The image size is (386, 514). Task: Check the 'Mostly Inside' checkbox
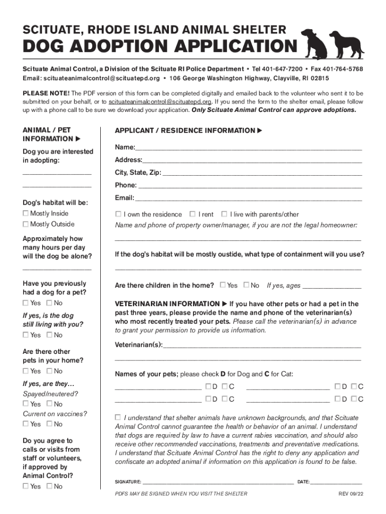(x=26, y=213)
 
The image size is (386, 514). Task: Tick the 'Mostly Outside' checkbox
(x=26, y=224)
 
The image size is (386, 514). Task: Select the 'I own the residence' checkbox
(x=118, y=214)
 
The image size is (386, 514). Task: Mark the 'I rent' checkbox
(x=193, y=214)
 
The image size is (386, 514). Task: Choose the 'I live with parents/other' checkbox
(x=224, y=214)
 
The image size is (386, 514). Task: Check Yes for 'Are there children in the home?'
(x=223, y=285)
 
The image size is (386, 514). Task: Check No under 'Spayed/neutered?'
(x=49, y=404)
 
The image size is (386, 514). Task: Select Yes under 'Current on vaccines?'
(x=26, y=424)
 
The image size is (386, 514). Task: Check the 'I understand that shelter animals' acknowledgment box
(x=118, y=418)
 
